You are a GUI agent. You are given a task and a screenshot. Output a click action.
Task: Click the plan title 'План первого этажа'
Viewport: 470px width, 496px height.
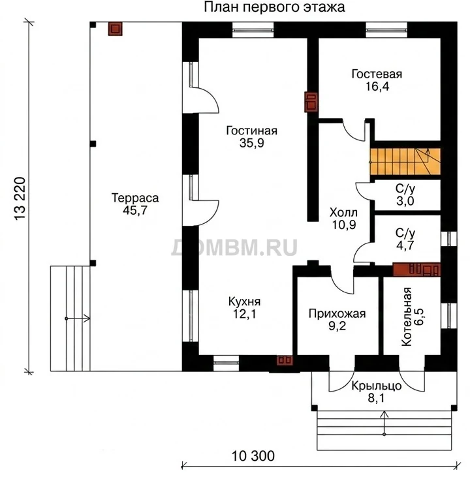274,7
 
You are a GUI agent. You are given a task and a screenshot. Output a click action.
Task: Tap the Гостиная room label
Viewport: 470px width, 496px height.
251,131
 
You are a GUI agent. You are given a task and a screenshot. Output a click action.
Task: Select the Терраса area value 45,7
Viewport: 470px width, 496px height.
135,210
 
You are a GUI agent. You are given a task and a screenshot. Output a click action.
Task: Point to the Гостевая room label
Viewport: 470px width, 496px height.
377,74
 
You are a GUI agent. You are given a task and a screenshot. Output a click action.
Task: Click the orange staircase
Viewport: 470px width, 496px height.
405,161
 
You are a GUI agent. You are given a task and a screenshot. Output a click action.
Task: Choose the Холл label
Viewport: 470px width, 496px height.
343,212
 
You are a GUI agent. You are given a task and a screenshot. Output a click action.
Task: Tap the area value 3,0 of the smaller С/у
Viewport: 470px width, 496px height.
405,201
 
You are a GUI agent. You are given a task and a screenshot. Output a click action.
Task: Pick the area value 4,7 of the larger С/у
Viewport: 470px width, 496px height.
405,245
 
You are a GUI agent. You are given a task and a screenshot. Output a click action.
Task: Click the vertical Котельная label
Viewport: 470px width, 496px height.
407,317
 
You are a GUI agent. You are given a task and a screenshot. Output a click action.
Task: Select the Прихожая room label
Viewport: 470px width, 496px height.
337,313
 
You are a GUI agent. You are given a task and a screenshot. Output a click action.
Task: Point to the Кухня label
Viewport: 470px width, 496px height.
244,302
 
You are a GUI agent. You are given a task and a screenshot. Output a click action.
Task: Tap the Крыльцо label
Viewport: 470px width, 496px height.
376,386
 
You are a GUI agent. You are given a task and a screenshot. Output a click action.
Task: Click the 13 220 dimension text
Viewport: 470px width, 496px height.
20,198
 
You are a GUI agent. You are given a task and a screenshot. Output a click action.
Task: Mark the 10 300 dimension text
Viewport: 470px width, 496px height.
253,456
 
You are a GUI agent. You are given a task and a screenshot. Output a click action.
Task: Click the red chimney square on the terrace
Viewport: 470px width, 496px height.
115,29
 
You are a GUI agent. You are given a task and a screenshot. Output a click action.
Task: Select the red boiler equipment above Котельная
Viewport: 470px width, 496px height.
416,270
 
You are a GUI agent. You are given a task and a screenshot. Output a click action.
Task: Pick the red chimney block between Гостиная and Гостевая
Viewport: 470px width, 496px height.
311,102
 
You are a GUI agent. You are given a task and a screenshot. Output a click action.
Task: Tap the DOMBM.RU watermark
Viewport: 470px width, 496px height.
234,247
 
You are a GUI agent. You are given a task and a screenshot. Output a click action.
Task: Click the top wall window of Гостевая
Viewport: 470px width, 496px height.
386,30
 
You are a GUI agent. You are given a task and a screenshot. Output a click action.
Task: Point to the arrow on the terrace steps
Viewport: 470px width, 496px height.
78,318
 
